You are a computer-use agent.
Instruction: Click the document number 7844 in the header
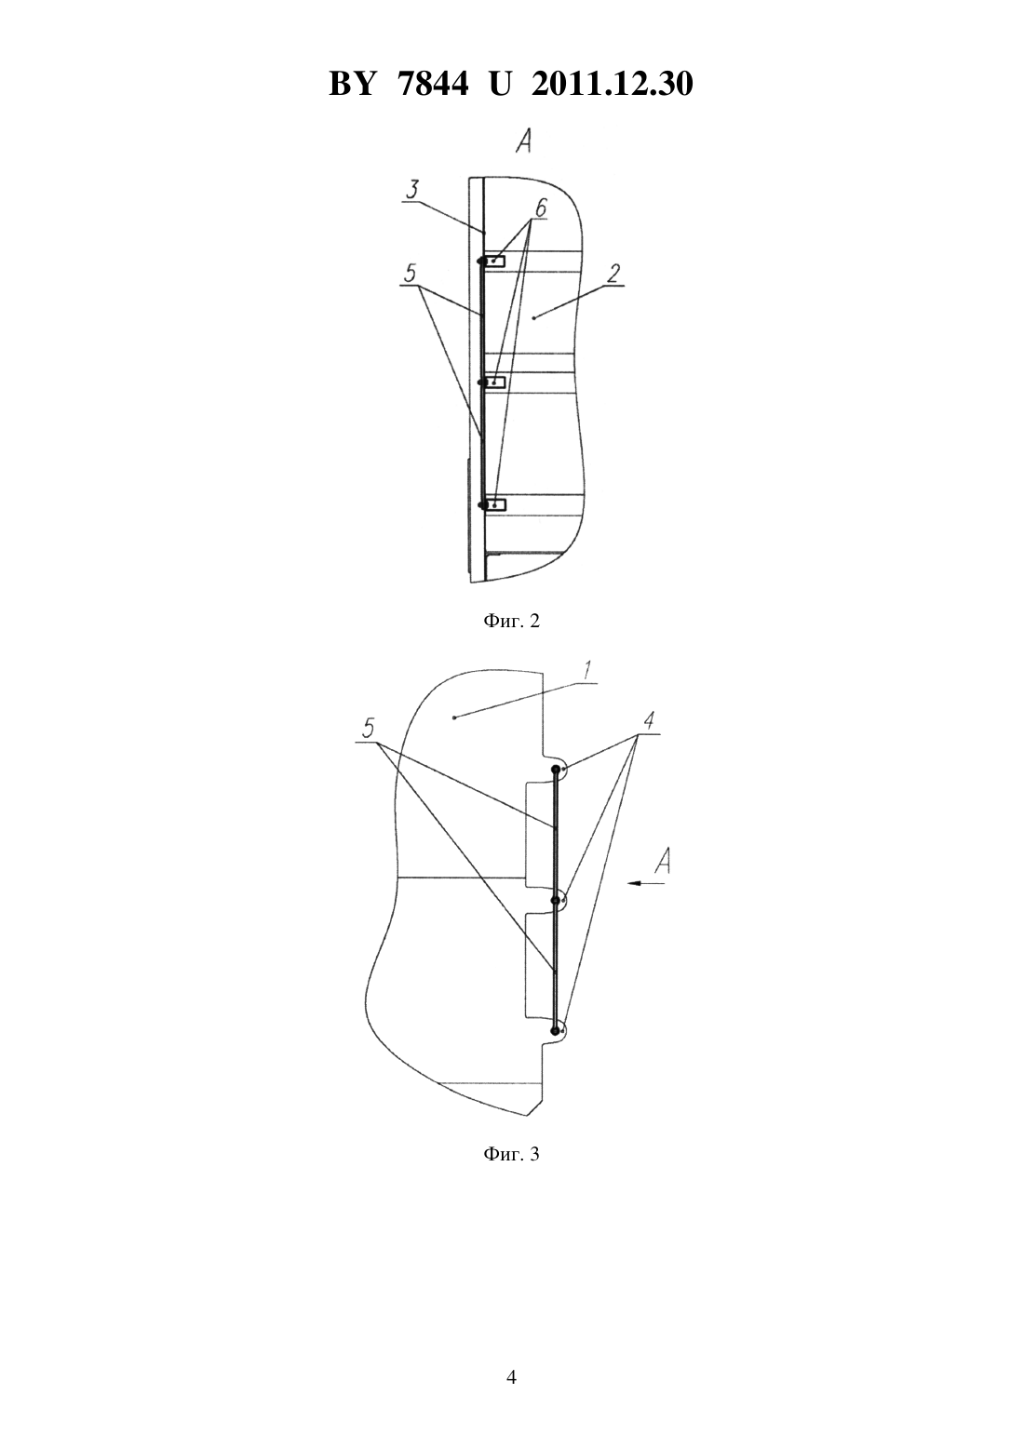[433, 84]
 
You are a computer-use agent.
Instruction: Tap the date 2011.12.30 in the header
[612, 84]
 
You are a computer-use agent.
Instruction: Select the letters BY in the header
[352, 84]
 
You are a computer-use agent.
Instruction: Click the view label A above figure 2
[523, 141]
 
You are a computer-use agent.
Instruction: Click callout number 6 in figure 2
[541, 208]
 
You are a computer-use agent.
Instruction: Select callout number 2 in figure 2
[613, 274]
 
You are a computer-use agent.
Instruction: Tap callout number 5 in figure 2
[410, 273]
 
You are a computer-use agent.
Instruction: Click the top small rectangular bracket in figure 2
[496, 261]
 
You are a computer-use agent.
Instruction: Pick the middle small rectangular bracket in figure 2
[496, 382]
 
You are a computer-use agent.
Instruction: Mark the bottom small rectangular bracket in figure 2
[496, 504]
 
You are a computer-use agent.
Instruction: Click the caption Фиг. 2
[511, 622]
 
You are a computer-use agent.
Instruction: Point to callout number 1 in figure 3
[586, 671]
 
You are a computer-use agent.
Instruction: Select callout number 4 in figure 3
[649, 720]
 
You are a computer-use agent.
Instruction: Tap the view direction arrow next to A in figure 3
[647, 883]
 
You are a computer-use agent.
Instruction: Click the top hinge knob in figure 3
[556, 770]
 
